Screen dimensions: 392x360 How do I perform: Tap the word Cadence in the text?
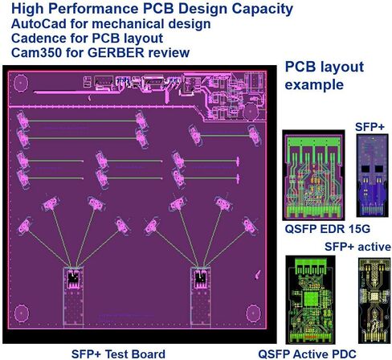click(x=39, y=38)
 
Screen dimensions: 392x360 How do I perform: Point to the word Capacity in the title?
click(x=263, y=10)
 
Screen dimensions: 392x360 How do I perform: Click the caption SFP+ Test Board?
click(x=118, y=354)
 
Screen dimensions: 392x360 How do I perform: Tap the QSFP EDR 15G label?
click(x=327, y=229)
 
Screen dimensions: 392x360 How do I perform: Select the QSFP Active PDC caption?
click(x=307, y=354)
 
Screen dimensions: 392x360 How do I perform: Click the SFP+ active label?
click(x=357, y=247)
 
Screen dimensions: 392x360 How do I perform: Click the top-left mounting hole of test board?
click(x=21, y=84)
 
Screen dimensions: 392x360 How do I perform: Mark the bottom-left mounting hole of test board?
click(x=22, y=313)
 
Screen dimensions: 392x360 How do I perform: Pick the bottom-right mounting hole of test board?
click(x=253, y=313)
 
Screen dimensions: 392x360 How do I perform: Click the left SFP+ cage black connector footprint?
click(x=73, y=279)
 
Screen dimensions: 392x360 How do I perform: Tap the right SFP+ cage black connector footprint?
click(x=200, y=279)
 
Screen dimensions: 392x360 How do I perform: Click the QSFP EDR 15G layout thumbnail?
click(x=313, y=175)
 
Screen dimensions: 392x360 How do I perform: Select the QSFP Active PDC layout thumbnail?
click(x=310, y=300)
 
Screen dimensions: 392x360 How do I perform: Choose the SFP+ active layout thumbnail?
click(x=374, y=301)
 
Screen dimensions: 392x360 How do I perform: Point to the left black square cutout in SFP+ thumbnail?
click(x=365, y=169)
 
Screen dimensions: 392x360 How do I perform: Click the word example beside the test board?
click(x=314, y=85)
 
